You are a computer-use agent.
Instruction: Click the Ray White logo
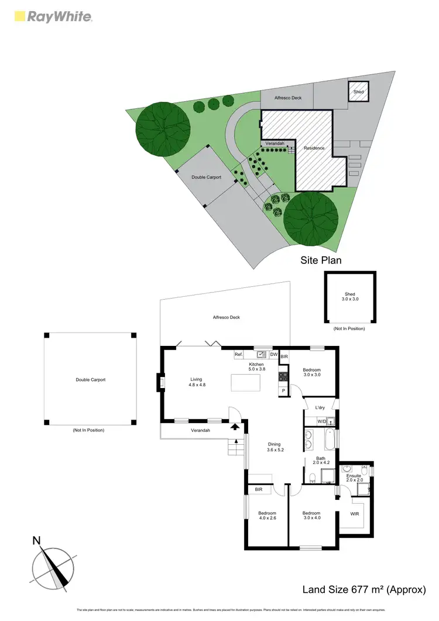point(52,16)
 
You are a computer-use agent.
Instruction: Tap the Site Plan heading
point(321,260)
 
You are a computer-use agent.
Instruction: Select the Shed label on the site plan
point(358,92)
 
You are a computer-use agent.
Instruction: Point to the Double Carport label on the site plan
point(207,177)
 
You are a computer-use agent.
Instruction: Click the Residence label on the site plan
point(314,148)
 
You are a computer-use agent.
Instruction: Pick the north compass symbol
point(54,564)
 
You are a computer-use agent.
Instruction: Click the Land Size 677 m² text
point(363,589)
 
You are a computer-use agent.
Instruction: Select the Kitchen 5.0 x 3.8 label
point(257,366)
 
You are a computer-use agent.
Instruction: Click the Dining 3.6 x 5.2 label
point(275,447)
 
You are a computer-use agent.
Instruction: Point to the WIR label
point(355,514)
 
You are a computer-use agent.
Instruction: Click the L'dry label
point(320,407)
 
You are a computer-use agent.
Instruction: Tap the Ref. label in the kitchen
point(238,355)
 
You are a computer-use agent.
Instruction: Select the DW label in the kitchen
point(273,355)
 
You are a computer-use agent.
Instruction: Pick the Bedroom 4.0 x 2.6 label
point(266,516)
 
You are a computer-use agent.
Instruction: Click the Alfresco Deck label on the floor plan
point(226,317)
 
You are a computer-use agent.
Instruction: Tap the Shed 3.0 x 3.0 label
point(349,297)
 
